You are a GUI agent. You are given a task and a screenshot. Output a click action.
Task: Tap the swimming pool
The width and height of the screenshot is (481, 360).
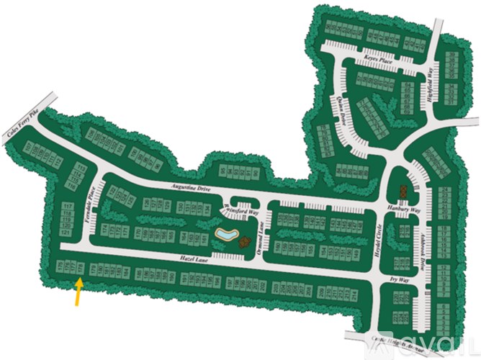point(225,235)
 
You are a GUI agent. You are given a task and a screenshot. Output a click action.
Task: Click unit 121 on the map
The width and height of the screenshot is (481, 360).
point(66,233)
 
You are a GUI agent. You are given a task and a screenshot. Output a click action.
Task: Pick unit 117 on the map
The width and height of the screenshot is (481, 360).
point(66,206)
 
